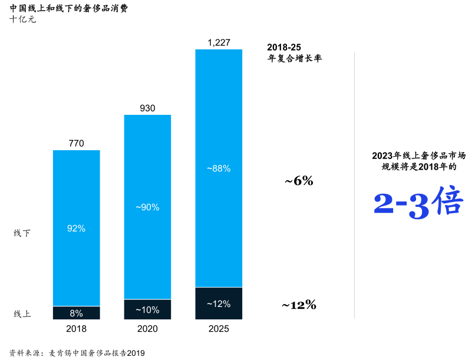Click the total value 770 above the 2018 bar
pos(77,143)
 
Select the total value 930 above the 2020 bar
pos(147,108)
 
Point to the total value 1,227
pos(219,42)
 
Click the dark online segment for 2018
pos(77,313)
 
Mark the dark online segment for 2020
pos(147,309)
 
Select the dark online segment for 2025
pos(219,303)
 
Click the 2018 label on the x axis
pos(77,329)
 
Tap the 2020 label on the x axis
pos(147,329)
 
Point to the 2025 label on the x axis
pos(219,329)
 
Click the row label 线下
pos(22,233)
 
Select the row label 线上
pos(22,314)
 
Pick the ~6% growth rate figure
pos(299,181)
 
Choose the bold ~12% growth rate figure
pos(299,305)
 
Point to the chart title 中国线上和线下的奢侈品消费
pos(69,8)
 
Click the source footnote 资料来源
pos(77,353)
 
